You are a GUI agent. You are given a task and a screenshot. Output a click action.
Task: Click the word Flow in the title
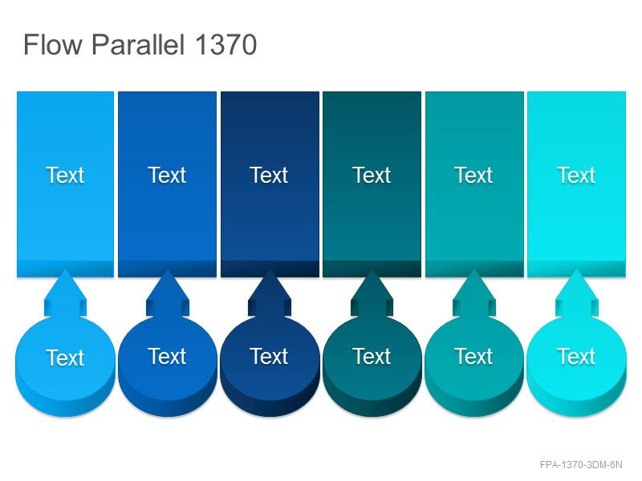point(53,44)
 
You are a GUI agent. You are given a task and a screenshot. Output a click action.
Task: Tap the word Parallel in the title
point(138,44)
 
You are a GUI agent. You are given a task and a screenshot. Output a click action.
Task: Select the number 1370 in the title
point(226,44)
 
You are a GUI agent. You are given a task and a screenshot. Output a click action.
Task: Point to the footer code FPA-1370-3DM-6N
point(581,465)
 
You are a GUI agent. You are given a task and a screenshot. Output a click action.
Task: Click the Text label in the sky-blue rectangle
point(65,175)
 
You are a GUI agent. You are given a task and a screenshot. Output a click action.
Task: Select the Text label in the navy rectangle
point(269,175)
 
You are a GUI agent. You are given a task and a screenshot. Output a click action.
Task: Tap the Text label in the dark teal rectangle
point(372,175)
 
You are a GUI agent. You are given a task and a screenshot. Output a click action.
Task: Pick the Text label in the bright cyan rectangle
point(576,175)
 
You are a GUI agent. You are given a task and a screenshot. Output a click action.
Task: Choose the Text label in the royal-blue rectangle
point(167,175)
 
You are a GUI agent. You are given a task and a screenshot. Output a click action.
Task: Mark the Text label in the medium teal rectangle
point(473,175)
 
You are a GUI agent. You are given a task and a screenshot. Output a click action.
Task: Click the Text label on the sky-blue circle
point(65,358)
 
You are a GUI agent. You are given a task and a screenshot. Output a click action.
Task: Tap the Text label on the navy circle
point(269,356)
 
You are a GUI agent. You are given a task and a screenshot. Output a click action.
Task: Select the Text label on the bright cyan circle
point(576,356)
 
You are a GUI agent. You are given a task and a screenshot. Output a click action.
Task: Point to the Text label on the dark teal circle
point(372,356)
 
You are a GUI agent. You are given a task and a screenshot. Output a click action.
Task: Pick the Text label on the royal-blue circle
point(167,356)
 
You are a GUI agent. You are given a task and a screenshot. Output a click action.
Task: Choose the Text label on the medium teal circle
point(473,356)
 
